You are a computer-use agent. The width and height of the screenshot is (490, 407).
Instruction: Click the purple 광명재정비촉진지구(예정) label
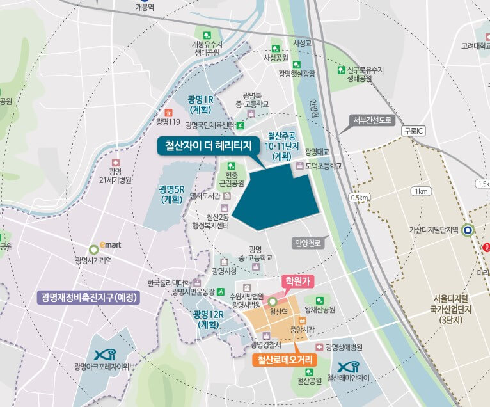pos(90,298)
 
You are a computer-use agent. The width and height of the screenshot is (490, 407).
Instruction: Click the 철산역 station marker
pos(273,301)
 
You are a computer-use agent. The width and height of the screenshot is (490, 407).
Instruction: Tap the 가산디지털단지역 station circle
pos(468,230)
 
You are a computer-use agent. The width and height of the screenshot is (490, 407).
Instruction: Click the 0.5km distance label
pos(360,198)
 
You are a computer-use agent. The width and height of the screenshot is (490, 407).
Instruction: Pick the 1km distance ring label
pos(421,191)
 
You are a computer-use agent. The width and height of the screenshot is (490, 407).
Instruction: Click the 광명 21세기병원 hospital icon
pos(115,163)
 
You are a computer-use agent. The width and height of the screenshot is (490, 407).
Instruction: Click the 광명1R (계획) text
pos(200,105)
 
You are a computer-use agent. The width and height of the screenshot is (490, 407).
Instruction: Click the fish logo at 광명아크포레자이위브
pos(104,354)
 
